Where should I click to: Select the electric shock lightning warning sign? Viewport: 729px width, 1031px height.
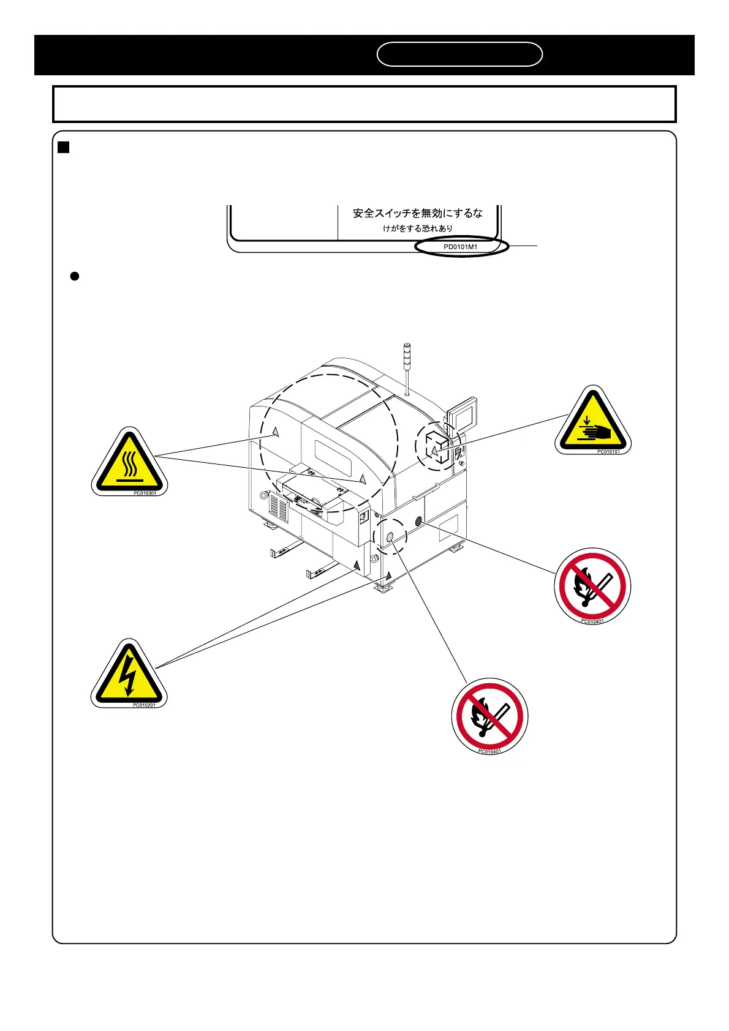click(x=129, y=675)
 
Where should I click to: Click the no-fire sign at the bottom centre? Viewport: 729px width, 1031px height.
click(x=489, y=716)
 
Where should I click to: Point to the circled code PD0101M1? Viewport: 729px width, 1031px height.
click(x=461, y=247)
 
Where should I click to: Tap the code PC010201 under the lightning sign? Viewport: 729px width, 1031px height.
click(x=144, y=705)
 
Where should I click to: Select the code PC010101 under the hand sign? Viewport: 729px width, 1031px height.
click(x=608, y=452)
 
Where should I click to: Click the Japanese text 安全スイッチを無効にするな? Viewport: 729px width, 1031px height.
click(x=417, y=213)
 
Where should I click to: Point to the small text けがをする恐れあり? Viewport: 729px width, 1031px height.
click(x=418, y=228)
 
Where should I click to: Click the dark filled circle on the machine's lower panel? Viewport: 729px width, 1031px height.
click(x=419, y=522)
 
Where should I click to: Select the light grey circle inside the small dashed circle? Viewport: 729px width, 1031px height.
click(x=390, y=537)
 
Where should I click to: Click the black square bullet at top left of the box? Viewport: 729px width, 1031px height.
click(x=62, y=147)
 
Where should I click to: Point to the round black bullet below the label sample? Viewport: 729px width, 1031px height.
click(x=74, y=276)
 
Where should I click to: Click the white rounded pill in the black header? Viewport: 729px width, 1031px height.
click(x=459, y=54)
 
